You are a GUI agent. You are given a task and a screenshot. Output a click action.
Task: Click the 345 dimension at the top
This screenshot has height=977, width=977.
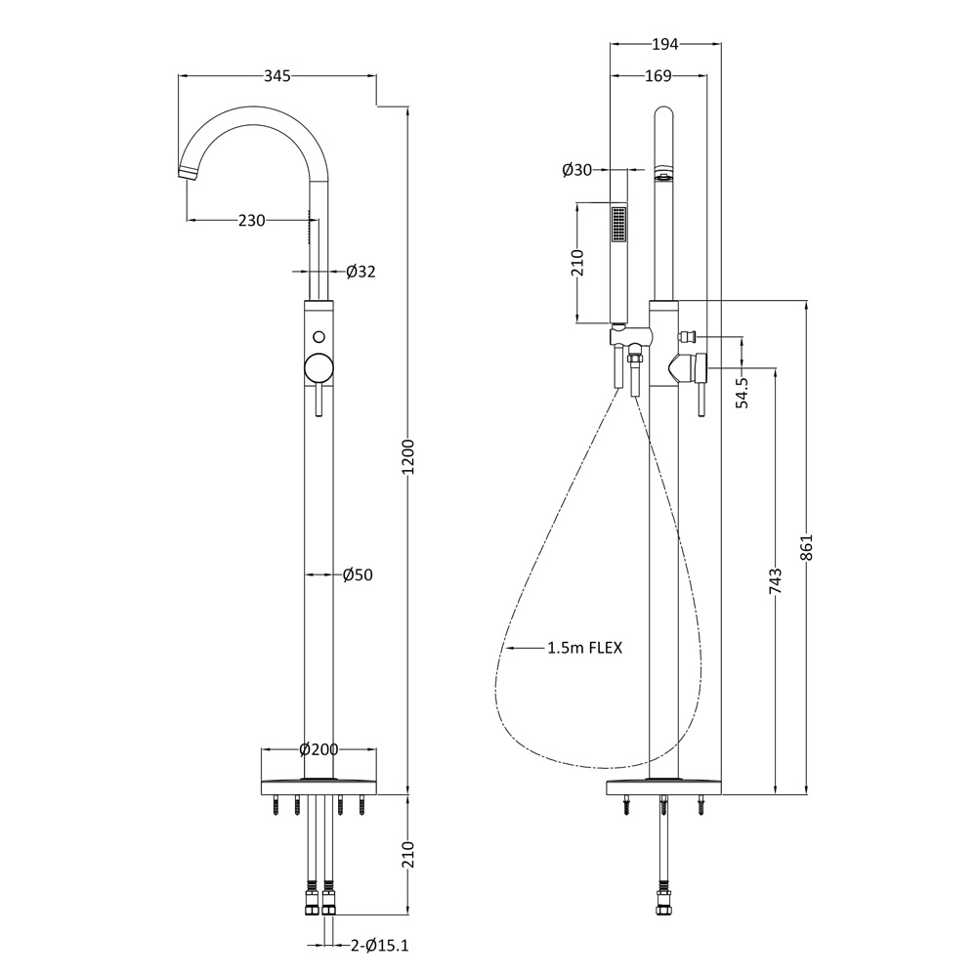click(276, 76)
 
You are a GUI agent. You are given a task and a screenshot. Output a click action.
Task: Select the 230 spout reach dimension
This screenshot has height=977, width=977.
click(251, 221)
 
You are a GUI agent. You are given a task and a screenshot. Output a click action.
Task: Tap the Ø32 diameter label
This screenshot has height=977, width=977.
click(360, 272)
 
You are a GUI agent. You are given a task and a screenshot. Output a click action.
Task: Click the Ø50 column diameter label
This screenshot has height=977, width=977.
click(358, 574)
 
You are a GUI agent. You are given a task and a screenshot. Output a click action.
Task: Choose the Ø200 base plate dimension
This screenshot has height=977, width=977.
click(319, 749)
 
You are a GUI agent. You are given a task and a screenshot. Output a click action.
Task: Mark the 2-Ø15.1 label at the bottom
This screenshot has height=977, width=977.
click(379, 945)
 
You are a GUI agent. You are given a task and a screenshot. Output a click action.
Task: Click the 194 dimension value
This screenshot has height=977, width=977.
click(664, 44)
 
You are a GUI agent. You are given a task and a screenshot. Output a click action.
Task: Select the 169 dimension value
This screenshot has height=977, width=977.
click(658, 76)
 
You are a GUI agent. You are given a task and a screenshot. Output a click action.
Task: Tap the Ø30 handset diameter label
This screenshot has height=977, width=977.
click(577, 170)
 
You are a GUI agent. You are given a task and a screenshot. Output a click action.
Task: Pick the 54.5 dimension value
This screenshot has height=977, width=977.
click(742, 392)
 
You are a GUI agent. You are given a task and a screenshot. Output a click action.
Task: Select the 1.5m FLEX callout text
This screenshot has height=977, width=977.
click(584, 647)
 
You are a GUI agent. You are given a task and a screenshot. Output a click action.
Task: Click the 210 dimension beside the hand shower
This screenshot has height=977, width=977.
click(577, 263)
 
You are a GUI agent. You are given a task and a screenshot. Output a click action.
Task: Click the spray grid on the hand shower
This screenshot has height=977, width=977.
click(617, 224)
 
